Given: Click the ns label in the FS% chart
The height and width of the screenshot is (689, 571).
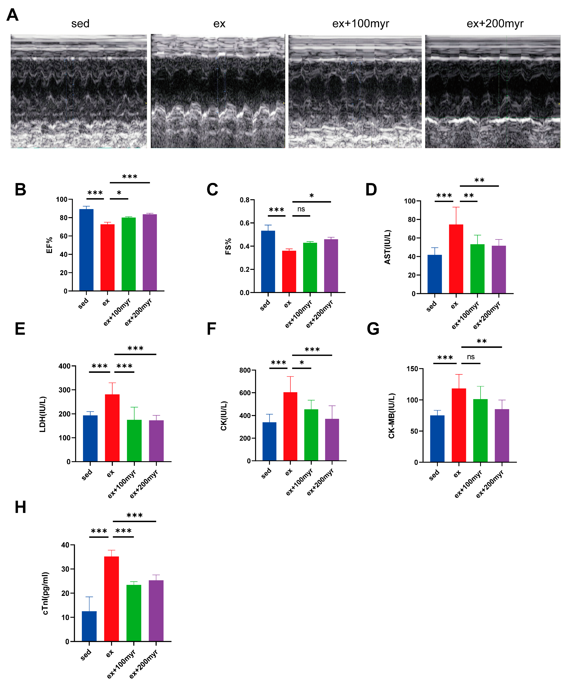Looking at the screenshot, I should click(301, 209).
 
